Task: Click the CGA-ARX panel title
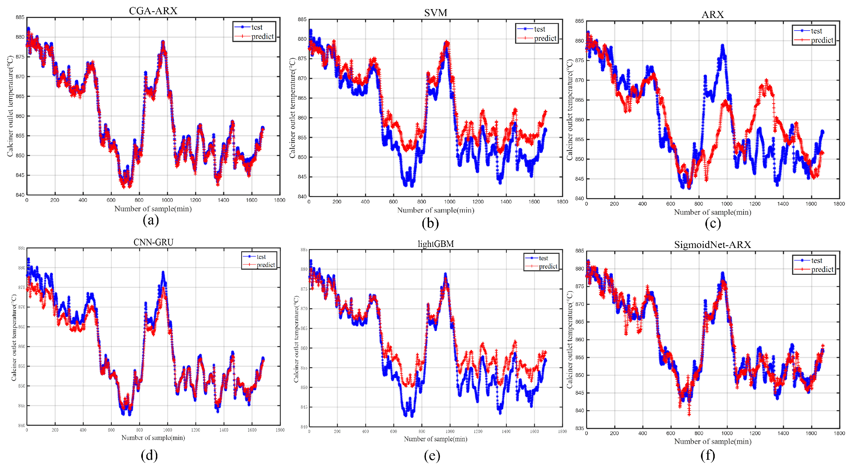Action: (153, 11)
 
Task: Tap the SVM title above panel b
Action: (435, 13)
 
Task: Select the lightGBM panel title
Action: (435, 244)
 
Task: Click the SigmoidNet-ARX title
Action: (712, 245)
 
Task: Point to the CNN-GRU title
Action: (153, 242)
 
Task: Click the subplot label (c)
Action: (713, 224)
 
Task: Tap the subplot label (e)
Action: (432, 455)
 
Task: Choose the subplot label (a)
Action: (151, 220)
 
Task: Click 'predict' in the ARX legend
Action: (822, 40)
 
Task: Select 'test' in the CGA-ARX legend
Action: (257, 27)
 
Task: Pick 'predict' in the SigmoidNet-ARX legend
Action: (822, 269)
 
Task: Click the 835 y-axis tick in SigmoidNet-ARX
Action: (579, 428)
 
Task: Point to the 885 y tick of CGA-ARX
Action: (20, 17)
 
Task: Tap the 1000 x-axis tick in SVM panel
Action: (449, 202)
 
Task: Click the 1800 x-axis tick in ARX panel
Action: (839, 204)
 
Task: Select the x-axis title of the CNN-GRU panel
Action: (153, 438)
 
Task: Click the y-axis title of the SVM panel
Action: (292, 108)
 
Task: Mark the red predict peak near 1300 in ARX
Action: (766, 80)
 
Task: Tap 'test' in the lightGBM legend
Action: (543, 258)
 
